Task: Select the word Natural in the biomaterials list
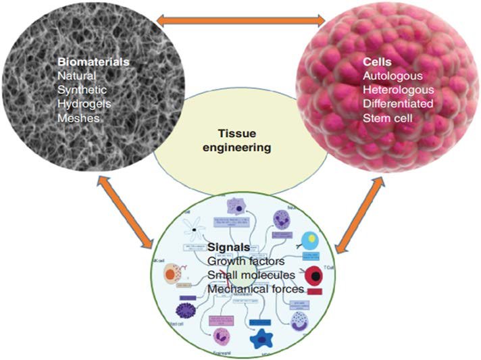(x=78, y=77)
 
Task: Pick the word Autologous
(x=391, y=77)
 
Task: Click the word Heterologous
(x=397, y=91)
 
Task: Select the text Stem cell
(x=386, y=118)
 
